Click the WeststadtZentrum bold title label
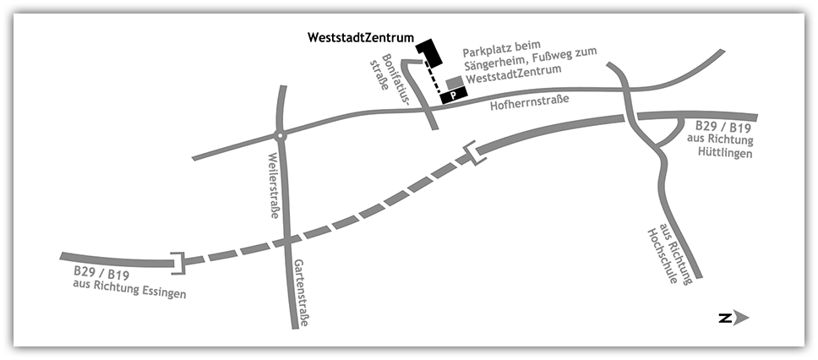click(x=361, y=38)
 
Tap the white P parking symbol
click(x=453, y=96)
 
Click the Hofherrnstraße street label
click(x=530, y=104)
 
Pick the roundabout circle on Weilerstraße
click(x=280, y=135)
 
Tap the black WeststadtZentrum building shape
click(x=431, y=52)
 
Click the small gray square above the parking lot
click(x=455, y=82)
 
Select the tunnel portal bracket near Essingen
click(x=177, y=264)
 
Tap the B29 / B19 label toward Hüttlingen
click(x=722, y=126)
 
